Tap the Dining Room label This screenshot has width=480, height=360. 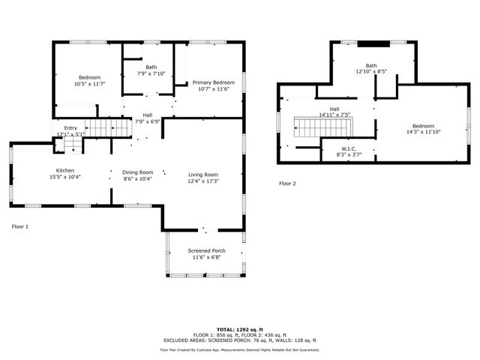pos(137,172)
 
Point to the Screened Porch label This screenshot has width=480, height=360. pos(206,250)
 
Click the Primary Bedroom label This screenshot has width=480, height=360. pos(213,82)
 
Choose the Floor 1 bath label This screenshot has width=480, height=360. pos(151,67)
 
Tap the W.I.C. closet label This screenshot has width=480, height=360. pos(349,148)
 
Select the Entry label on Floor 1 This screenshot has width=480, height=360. pos(70,128)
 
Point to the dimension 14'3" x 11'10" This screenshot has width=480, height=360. pos(423,132)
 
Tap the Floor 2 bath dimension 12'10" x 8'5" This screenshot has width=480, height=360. pos(371,72)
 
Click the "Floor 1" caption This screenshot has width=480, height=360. pos(20,226)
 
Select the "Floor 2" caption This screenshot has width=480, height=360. pos(288,183)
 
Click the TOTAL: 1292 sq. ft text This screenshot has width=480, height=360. pos(240,329)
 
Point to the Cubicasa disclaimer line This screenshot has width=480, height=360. pos(240,349)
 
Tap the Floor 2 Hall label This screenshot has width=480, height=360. pos(334,109)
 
